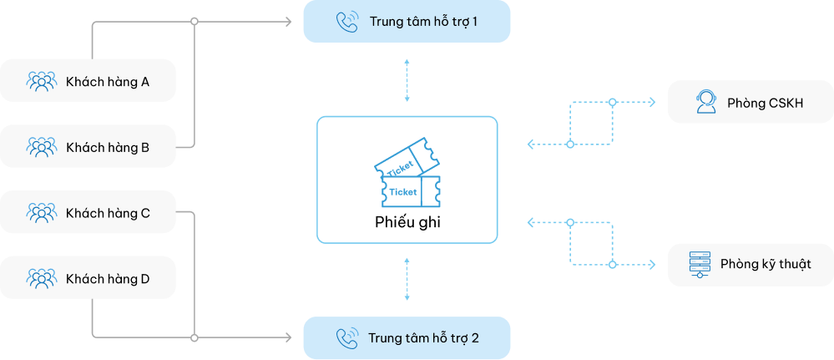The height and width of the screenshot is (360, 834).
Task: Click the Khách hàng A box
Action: tap(88, 80)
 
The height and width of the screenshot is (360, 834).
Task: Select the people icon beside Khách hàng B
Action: tap(41, 147)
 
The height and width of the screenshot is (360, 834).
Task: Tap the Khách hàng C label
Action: tap(108, 213)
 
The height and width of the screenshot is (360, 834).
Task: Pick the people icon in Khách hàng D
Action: tap(41, 278)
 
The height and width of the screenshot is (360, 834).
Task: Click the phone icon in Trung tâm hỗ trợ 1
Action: tap(346, 21)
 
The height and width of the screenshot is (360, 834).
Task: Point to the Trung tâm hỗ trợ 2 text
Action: tap(424, 338)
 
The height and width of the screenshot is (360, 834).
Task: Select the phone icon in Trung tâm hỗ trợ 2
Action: tap(346, 338)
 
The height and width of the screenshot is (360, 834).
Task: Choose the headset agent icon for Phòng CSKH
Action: tap(705, 103)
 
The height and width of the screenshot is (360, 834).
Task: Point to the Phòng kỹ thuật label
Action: tap(766, 264)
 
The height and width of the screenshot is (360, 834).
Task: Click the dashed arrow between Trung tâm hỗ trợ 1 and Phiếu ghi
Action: tap(407, 81)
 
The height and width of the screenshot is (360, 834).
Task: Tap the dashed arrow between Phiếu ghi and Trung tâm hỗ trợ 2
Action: tap(407, 278)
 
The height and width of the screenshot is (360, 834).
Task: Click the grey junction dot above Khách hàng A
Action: tap(195, 21)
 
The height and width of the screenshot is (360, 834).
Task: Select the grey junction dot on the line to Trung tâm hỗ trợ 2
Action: tap(195, 338)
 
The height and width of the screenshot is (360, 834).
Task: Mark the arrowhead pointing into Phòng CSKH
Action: tap(653, 103)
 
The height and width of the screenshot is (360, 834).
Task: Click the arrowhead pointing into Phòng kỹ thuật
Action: tap(653, 264)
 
